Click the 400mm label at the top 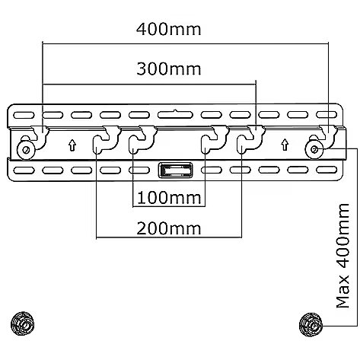click(169, 29)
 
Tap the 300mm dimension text click(169, 69)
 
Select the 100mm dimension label click(169, 198)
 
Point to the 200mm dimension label click(169, 228)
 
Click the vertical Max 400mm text click(342, 256)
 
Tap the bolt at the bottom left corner click(23, 323)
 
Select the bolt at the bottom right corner click(311, 325)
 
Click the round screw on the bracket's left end click(26, 149)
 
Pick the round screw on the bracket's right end click(314, 150)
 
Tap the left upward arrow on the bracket click(72, 145)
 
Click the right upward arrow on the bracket click(285, 145)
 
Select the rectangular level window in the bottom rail click(175, 170)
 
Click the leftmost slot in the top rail click(24, 115)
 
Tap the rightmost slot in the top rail click(327, 115)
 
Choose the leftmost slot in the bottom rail click(24, 170)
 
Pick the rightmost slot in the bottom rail click(327, 170)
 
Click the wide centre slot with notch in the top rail click(175, 115)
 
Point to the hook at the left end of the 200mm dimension click(105, 140)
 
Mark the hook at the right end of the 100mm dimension click(215, 140)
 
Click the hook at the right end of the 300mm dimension click(251, 140)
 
